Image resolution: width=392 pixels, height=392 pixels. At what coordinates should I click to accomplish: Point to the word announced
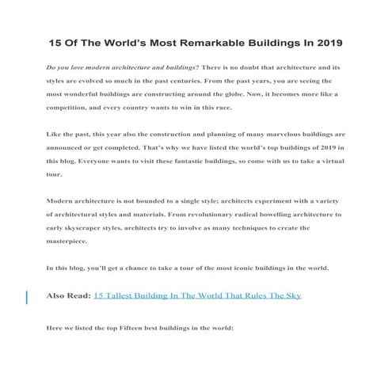pyautogui.click(x=70, y=148)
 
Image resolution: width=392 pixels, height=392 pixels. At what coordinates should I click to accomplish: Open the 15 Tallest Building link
pyautogui.click(x=197, y=295)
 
